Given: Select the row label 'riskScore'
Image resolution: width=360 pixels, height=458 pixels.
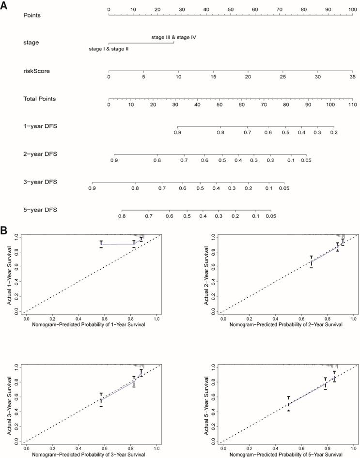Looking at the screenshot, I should click(x=36, y=71).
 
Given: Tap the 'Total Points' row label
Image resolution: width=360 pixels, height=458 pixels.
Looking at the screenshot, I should click(x=39, y=99).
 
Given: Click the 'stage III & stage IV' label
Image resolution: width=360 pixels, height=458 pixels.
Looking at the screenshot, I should click(x=173, y=37).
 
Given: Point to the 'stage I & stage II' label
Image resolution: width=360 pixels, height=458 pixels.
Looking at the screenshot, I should click(x=109, y=49).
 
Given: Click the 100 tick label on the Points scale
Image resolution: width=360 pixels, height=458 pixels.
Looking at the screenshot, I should click(x=353, y=9).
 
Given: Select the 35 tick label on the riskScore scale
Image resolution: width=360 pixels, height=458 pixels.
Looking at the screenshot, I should click(x=353, y=77).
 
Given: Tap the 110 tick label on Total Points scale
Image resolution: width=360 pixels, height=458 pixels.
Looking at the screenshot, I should click(x=353, y=105).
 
